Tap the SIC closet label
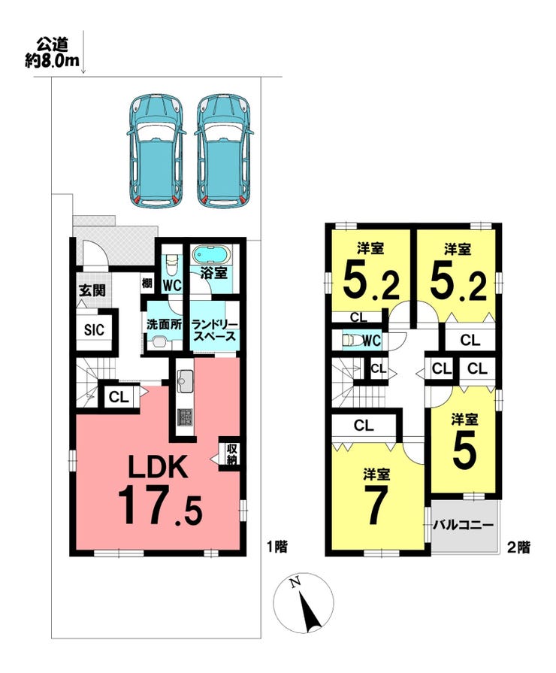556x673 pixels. click(94, 330)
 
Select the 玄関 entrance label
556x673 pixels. click(92, 290)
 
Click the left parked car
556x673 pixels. click(156, 150)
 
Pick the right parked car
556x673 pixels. click(223, 150)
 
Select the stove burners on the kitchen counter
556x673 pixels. click(186, 417)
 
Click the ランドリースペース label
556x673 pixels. click(214, 330)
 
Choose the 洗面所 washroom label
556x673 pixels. click(164, 324)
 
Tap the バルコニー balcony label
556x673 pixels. click(463, 525)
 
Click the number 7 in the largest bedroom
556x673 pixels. click(376, 505)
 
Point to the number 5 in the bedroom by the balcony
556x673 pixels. click(464, 453)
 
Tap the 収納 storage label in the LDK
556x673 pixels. click(232, 453)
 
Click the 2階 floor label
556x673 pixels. click(518, 547)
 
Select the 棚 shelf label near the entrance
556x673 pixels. click(147, 283)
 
